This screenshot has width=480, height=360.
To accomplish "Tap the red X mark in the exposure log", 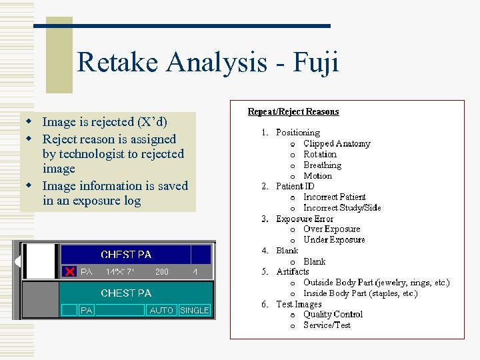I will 69,271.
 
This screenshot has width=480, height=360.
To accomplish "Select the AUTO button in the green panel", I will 161,310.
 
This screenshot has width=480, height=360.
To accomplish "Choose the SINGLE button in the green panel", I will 195,310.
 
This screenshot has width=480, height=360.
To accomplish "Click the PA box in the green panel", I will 87,310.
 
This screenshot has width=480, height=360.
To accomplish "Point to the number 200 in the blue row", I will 161,272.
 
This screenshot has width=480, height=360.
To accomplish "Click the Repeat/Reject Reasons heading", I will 293,111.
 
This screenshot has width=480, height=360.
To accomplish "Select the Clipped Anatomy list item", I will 337,143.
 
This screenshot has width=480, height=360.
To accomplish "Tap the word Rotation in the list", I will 320,154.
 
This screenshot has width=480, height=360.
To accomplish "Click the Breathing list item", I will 322,165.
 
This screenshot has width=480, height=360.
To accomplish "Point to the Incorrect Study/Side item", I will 342,207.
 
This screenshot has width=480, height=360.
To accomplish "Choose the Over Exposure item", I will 333,229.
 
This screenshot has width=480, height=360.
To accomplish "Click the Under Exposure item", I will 334,239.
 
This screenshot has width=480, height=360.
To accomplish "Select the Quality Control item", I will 333,314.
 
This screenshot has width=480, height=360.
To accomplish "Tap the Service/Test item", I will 327,325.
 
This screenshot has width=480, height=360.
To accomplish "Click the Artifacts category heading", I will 293,271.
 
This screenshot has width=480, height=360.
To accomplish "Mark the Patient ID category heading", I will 295,186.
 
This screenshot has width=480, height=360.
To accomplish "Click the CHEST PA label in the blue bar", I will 126,254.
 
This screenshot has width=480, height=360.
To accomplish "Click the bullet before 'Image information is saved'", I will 29,185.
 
